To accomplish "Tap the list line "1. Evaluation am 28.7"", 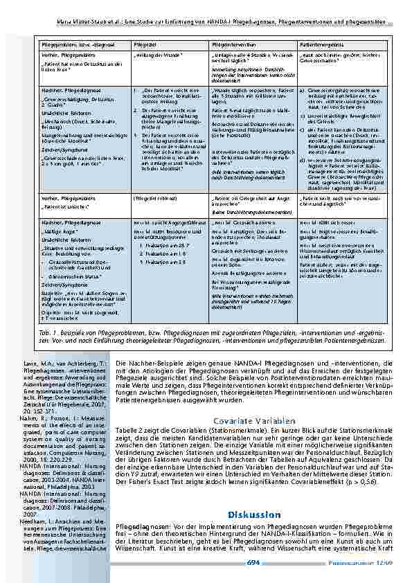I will tap(163, 246).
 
